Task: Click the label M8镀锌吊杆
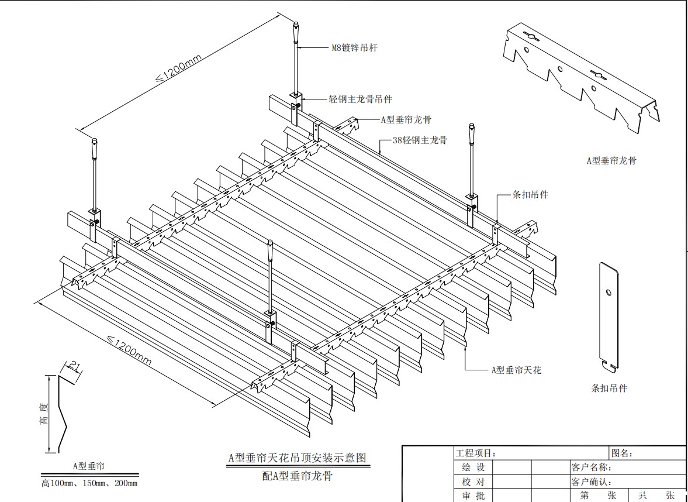coord(354,48)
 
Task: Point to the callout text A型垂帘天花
coord(516,370)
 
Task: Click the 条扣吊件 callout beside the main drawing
coord(530,194)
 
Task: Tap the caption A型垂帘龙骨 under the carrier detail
coord(611,160)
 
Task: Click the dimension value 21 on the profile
coord(74,367)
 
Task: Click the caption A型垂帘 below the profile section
coord(89,466)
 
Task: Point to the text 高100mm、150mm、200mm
coord(89,483)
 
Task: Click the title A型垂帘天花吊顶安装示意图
coord(298,458)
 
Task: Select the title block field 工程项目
coord(475,453)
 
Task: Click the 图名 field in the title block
coord(622,453)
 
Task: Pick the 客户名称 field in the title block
coord(591,467)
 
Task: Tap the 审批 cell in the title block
coord(473,496)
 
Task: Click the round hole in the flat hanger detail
coord(609,292)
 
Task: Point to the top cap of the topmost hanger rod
coord(296,27)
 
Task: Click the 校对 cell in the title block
coord(473,482)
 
